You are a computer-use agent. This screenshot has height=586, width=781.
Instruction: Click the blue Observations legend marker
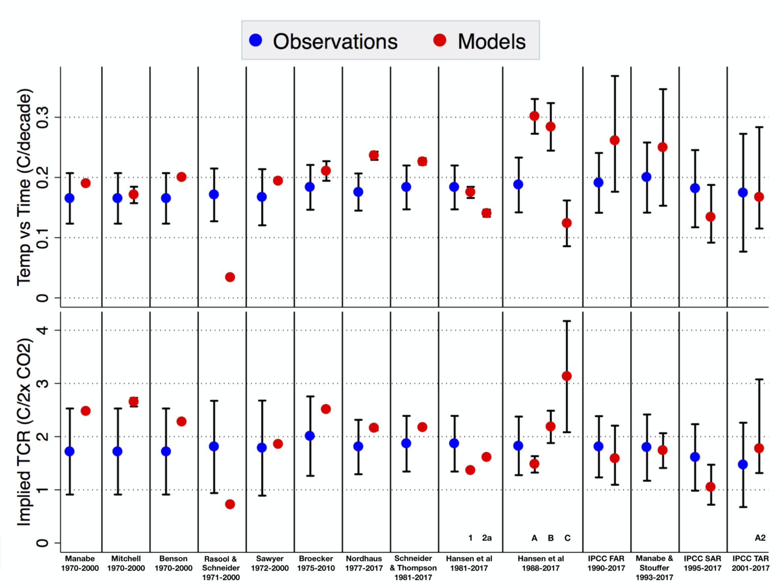click(x=256, y=40)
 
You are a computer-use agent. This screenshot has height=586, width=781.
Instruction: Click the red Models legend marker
click(x=440, y=40)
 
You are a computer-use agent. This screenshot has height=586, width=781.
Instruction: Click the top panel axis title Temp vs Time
click(x=24, y=187)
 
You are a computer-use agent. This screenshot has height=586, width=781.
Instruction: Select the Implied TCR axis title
click(x=24, y=432)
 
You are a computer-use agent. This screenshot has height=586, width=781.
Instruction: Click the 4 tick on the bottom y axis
click(x=43, y=330)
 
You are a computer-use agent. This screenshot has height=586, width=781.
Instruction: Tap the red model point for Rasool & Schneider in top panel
click(x=230, y=277)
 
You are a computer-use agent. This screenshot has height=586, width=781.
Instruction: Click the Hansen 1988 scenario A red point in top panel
click(x=534, y=116)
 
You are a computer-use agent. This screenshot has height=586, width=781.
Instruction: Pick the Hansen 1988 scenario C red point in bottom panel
click(x=566, y=376)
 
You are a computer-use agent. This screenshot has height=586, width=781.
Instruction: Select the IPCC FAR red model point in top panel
click(x=615, y=140)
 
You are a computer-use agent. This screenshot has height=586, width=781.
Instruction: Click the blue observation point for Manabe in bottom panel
click(x=70, y=451)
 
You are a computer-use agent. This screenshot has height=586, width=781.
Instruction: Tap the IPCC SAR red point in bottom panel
click(x=711, y=487)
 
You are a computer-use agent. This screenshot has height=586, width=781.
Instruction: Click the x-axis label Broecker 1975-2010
click(x=316, y=563)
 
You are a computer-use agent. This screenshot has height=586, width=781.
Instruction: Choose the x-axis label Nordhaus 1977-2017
click(x=364, y=563)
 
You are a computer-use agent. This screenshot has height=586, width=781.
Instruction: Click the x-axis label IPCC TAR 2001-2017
click(x=750, y=563)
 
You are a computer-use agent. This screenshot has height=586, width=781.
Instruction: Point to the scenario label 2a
click(x=487, y=538)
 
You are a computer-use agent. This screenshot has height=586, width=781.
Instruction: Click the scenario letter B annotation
click(x=551, y=538)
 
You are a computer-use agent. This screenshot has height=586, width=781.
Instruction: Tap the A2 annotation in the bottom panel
click(x=760, y=538)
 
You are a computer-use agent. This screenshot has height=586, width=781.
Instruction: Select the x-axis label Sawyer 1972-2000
click(x=270, y=563)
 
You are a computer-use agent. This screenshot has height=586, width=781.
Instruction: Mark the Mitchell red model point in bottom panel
click(x=134, y=402)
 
